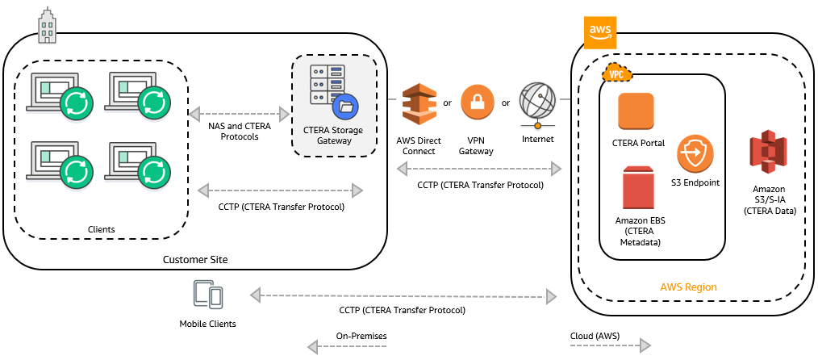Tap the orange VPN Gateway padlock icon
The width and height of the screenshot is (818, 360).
[477, 103]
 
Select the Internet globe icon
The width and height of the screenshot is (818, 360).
[538, 103]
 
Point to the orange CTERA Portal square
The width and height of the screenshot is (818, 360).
[636, 111]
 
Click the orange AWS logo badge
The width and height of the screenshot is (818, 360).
[599, 31]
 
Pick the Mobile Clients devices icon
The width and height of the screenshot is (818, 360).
[208, 295]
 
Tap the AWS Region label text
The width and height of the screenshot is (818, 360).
[688, 287]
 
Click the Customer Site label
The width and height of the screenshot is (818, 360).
[195, 259]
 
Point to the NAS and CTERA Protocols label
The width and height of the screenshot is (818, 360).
[240, 131]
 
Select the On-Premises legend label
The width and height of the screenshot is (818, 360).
[361, 334]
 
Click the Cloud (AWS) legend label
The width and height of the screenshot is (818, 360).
[596, 334]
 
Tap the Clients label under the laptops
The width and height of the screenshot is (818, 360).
[101, 229]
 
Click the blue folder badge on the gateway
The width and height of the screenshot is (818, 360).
[348, 106]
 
